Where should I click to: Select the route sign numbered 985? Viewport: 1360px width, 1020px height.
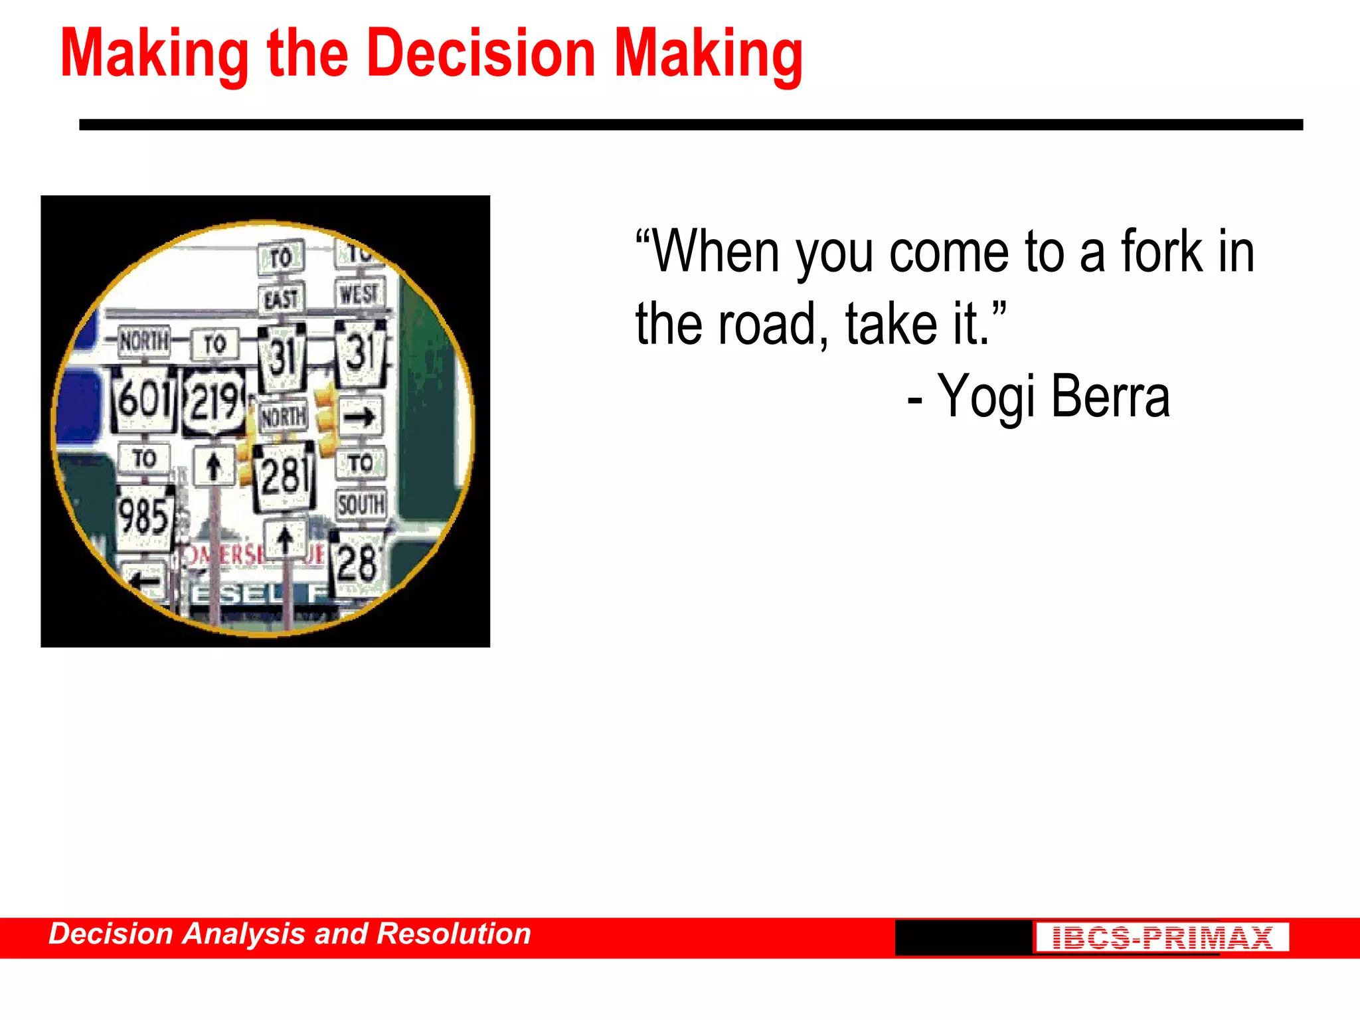(144, 517)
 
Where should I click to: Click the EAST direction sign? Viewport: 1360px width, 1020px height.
(281, 299)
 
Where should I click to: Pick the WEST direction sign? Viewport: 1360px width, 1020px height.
(359, 294)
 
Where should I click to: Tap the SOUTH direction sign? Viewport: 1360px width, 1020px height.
(361, 505)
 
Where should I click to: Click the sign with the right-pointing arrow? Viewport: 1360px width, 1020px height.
(360, 417)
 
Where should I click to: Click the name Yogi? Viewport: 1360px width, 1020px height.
(987, 397)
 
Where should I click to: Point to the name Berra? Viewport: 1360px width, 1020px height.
(1110, 397)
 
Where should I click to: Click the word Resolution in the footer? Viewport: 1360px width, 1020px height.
(454, 934)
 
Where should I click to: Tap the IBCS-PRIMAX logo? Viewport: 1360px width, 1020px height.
(1161, 938)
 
